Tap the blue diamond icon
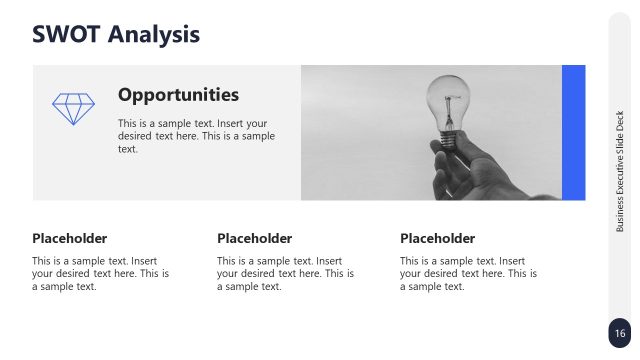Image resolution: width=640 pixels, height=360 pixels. pyautogui.click(x=73, y=109)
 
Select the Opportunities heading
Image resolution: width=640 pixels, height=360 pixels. pyautogui.click(x=178, y=95)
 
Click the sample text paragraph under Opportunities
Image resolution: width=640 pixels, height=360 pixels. pyautogui.click(x=196, y=136)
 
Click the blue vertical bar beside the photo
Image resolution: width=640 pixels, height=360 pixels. pyautogui.click(x=573, y=132)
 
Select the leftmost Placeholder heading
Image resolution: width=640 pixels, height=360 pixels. pyautogui.click(x=69, y=238)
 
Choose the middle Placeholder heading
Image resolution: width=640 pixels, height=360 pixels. pyautogui.click(x=254, y=238)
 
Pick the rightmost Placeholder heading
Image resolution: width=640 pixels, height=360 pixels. pyautogui.click(x=437, y=238)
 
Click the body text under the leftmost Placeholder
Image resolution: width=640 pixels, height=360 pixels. pyautogui.click(x=100, y=273)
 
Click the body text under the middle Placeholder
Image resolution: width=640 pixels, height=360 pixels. pyautogui.click(x=285, y=273)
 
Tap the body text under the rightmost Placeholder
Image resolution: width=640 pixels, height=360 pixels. pyautogui.click(x=468, y=273)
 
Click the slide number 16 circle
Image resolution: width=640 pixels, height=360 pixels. pyautogui.click(x=620, y=333)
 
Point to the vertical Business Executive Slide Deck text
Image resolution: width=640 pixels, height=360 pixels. pyautogui.click(x=620, y=171)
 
